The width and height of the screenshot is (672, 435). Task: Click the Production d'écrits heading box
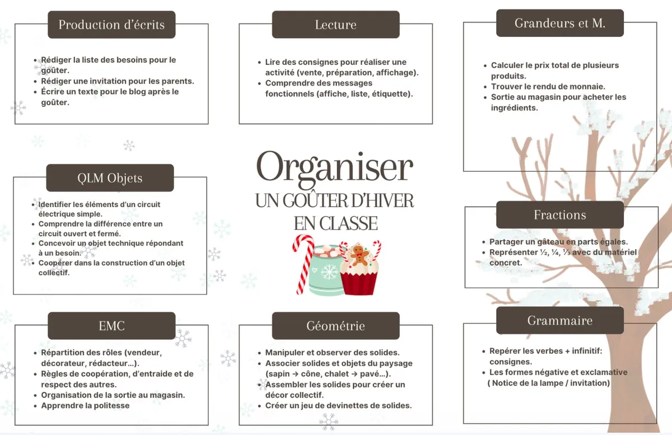(111, 25)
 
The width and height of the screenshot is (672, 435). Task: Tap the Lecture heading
(335, 25)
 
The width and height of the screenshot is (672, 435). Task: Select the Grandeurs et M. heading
(560, 23)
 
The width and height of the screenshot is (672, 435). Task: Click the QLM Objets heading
(110, 178)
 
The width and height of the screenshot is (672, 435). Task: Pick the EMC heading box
(111, 326)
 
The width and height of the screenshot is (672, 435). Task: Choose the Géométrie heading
(335, 326)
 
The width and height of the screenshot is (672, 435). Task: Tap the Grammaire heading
(560, 320)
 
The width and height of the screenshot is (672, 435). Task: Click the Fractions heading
(560, 215)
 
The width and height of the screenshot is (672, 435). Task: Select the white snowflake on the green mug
(329, 272)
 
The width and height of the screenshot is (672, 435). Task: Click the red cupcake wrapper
(359, 282)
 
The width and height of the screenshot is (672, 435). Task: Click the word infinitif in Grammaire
(587, 351)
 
